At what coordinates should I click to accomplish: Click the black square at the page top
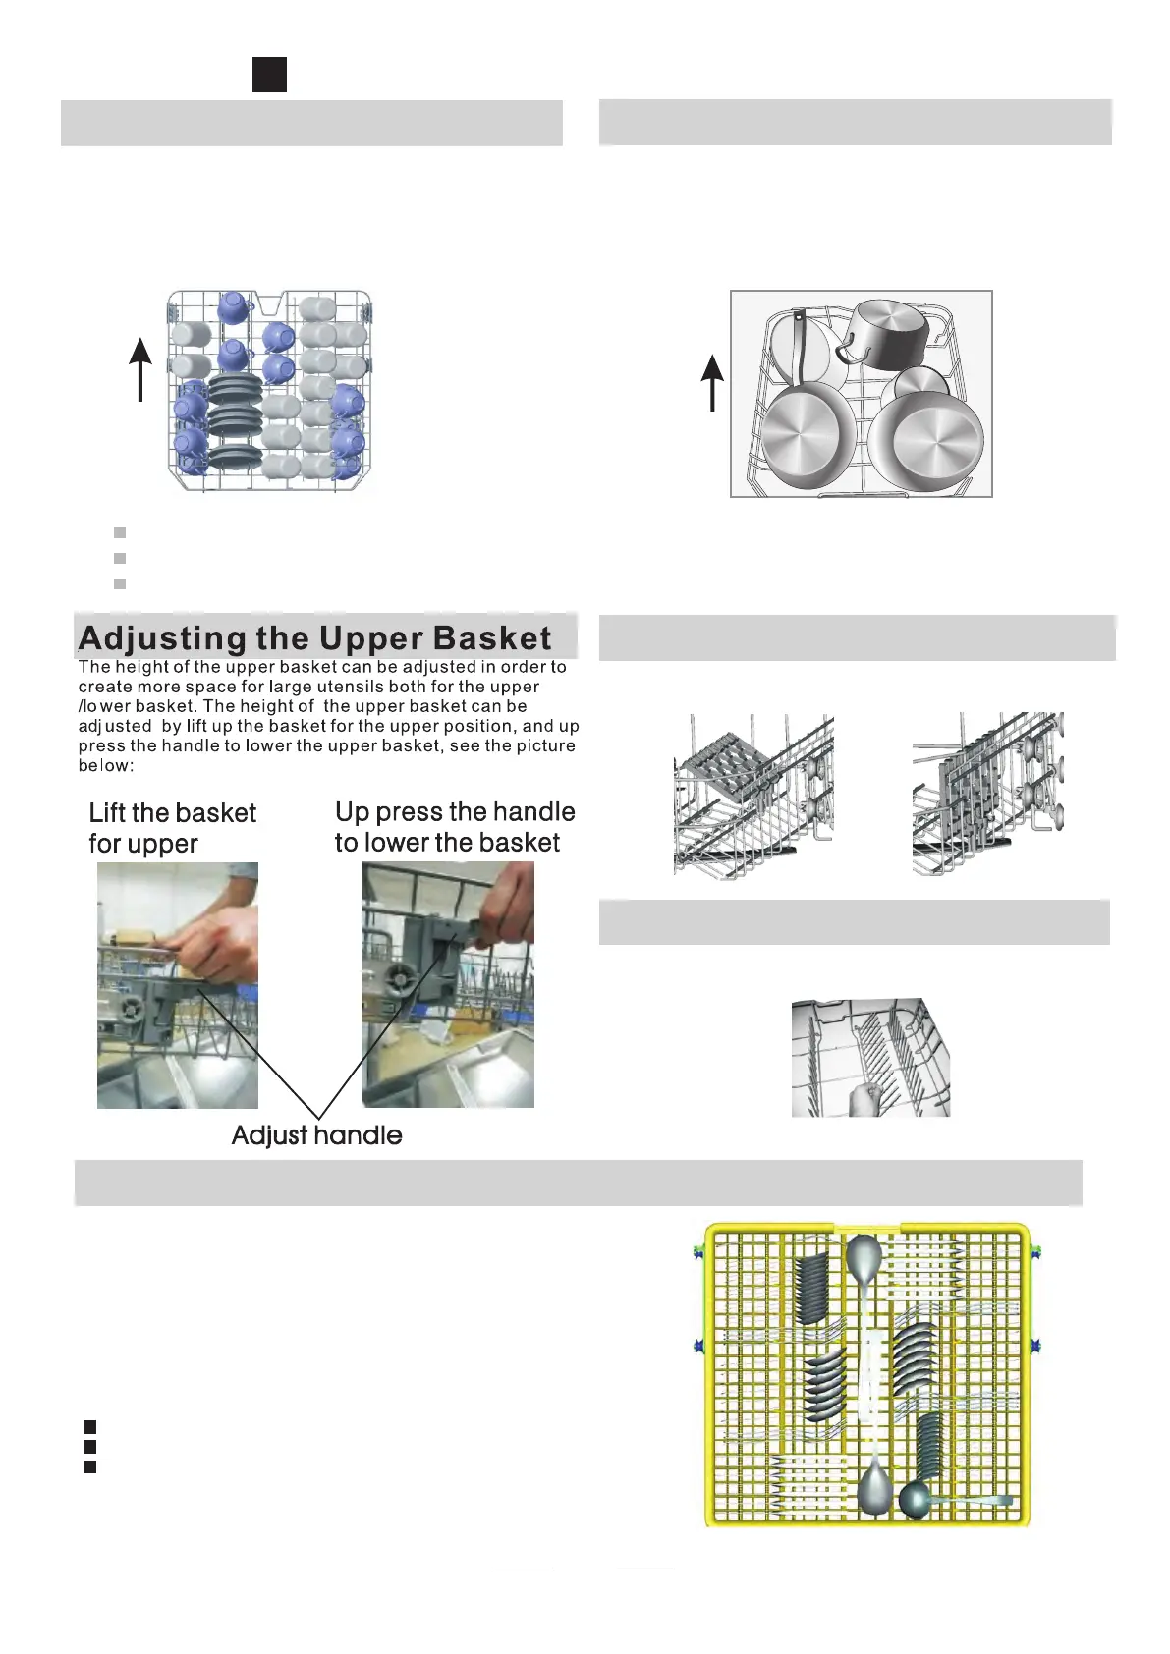[x=269, y=75]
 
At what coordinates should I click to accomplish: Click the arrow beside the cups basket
[x=140, y=368]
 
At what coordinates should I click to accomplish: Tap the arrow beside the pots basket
[x=712, y=382]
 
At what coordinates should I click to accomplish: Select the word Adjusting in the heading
[x=163, y=638]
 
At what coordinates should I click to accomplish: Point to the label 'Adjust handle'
[x=316, y=1135]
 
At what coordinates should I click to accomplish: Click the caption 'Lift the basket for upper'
[x=172, y=828]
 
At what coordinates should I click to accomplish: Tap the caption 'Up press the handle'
[x=455, y=812]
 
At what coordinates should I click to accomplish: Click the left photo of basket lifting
[x=178, y=985]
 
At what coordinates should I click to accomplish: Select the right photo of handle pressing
[x=448, y=984]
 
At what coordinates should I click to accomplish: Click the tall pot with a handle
[x=885, y=332]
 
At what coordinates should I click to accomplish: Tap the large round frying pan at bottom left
[x=810, y=437]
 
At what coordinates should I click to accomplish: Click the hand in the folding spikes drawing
[x=865, y=1099]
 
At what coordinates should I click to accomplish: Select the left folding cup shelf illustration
[x=753, y=796]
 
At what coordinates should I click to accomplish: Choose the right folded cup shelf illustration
[x=987, y=794]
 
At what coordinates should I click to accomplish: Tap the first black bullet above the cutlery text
[x=89, y=1425]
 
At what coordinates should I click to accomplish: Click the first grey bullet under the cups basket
[x=120, y=532]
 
